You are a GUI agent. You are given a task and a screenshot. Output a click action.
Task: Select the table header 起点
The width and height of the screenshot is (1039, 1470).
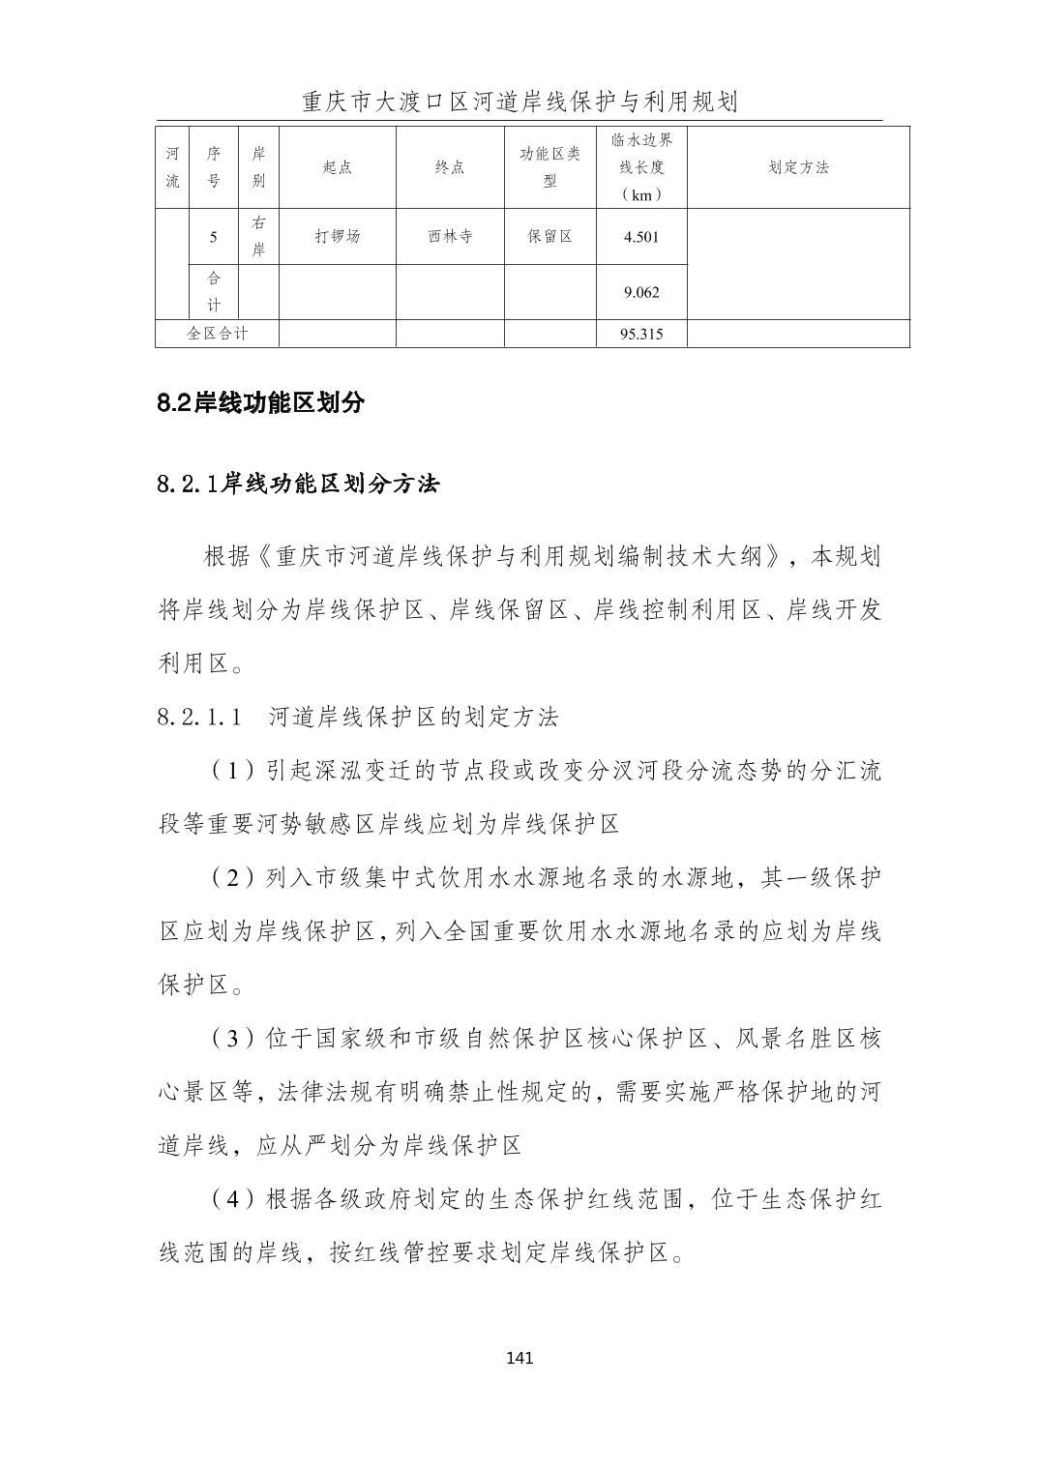[x=337, y=167]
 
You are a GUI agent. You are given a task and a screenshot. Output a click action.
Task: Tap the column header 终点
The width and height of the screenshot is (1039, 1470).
[x=450, y=167]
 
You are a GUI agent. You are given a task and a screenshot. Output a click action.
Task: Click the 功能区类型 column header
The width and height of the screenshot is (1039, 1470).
[x=549, y=167]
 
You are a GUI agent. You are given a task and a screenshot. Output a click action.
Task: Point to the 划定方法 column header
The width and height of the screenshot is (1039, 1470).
[x=798, y=167]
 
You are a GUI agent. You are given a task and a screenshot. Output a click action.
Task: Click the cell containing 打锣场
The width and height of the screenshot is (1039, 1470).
[x=337, y=236]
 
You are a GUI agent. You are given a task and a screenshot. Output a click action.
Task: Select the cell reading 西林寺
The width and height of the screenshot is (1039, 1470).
[x=450, y=236]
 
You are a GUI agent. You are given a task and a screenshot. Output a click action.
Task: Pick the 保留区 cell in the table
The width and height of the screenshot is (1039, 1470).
[x=549, y=236]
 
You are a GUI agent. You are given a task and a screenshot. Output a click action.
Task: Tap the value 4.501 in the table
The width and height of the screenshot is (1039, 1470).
[x=640, y=237]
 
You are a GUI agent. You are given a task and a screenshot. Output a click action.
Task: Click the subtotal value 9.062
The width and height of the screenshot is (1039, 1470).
[x=640, y=292]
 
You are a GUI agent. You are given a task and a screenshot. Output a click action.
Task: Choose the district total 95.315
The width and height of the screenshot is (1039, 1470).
[x=640, y=335]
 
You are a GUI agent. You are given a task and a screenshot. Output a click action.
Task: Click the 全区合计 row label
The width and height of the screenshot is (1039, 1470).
[x=217, y=334]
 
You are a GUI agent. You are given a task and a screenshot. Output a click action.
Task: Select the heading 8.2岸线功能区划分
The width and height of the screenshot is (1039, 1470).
[x=260, y=403]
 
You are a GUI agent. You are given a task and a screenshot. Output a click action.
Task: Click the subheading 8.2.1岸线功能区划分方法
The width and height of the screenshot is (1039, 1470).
[x=298, y=484]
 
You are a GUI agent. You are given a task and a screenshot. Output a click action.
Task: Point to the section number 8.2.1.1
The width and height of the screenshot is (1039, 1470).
[x=197, y=718]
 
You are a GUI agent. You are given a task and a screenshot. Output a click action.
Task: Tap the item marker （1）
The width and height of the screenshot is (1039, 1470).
[x=231, y=771]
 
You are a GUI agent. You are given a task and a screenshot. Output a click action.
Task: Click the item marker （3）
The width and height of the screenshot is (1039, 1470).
[x=231, y=1040]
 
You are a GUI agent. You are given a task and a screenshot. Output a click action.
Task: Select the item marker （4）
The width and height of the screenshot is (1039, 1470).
[x=231, y=1200]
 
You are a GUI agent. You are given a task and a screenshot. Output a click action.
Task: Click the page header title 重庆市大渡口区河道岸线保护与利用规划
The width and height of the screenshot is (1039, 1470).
[x=519, y=102]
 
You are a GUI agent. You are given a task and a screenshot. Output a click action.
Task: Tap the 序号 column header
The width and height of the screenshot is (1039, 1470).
[x=214, y=167]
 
